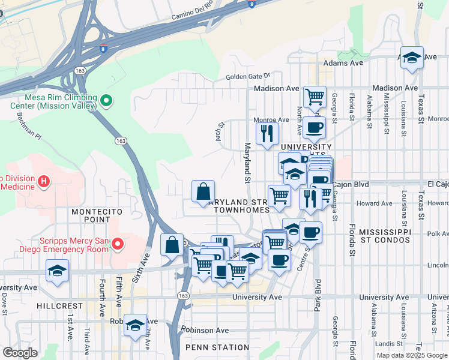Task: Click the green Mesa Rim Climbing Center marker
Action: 106,101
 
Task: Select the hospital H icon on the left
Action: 43,181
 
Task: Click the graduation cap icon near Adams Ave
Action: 412,58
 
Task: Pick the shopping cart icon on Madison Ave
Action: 315,95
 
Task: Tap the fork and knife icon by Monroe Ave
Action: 267,133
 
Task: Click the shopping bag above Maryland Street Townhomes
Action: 203,191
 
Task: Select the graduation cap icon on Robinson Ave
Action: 135,325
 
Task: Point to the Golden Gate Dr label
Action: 249,77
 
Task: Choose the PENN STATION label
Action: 217,347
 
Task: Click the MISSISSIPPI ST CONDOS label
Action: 384,236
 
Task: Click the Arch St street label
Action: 220,130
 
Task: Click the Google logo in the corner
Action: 20,353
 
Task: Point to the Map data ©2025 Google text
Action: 412,355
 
